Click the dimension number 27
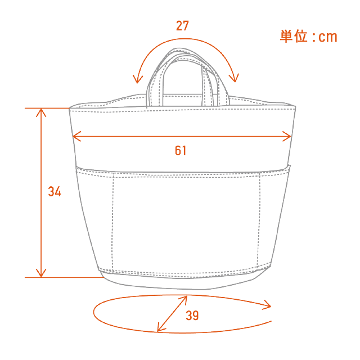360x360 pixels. (182, 26)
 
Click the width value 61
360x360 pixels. (180, 150)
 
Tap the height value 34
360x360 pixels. (54, 192)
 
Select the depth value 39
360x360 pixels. (192, 316)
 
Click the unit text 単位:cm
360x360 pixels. (308, 37)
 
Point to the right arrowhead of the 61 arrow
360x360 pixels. (289, 136)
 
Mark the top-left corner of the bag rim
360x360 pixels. (70, 108)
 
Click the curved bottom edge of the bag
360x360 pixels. (186, 287)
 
